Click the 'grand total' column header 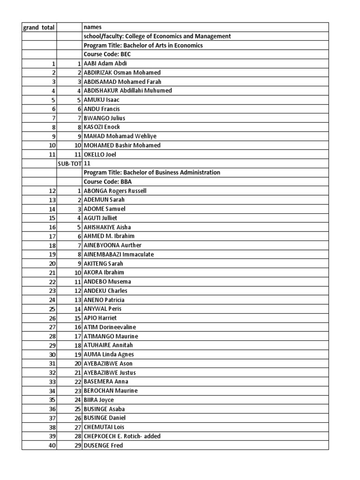[x=39, y=27]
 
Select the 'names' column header [x=92, y=27]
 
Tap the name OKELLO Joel [x=99, y=154]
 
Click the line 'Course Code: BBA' [x=107, y=182]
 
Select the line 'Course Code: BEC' [x=107, y=54]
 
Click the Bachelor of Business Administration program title [x=151, y=172]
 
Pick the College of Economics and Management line [x=157, y=36]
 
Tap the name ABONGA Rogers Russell [x=115, y=191]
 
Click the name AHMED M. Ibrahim [x=109, y=236]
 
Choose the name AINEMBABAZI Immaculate [x=119, y=255]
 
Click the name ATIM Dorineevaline [x=110, y=327]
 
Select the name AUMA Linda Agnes [x=108, y=354]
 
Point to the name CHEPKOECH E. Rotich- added [x=122, y=436]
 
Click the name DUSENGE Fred [x=103, y=445]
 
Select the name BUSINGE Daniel [x=105, y=418]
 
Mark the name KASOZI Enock [x=102, y=127]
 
